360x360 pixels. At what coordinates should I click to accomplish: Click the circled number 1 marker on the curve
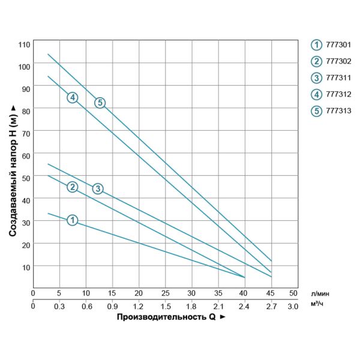click(x=72, y=220)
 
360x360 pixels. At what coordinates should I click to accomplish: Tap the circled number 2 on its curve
click(x=72, y=187)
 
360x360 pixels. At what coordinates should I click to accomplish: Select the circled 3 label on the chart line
click(x=98, y=189)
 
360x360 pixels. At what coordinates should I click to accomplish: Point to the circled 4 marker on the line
click(x=72, y=97)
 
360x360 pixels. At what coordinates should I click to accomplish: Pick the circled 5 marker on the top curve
click(x=100, y=103)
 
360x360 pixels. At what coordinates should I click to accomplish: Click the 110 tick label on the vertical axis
click(x=23, y=45)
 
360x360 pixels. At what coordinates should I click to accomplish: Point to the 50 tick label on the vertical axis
click(x=25, y=178)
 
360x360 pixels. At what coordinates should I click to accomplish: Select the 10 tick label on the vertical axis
click(x=25, y=266)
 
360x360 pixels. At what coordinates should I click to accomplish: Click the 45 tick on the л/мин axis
click(x=270, y=293)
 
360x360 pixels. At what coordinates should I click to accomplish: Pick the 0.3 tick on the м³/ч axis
click(x=59, y=306)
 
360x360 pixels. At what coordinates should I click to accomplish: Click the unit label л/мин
click(x=320, y=293)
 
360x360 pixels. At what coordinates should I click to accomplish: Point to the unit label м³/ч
click(x=319, y=305)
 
